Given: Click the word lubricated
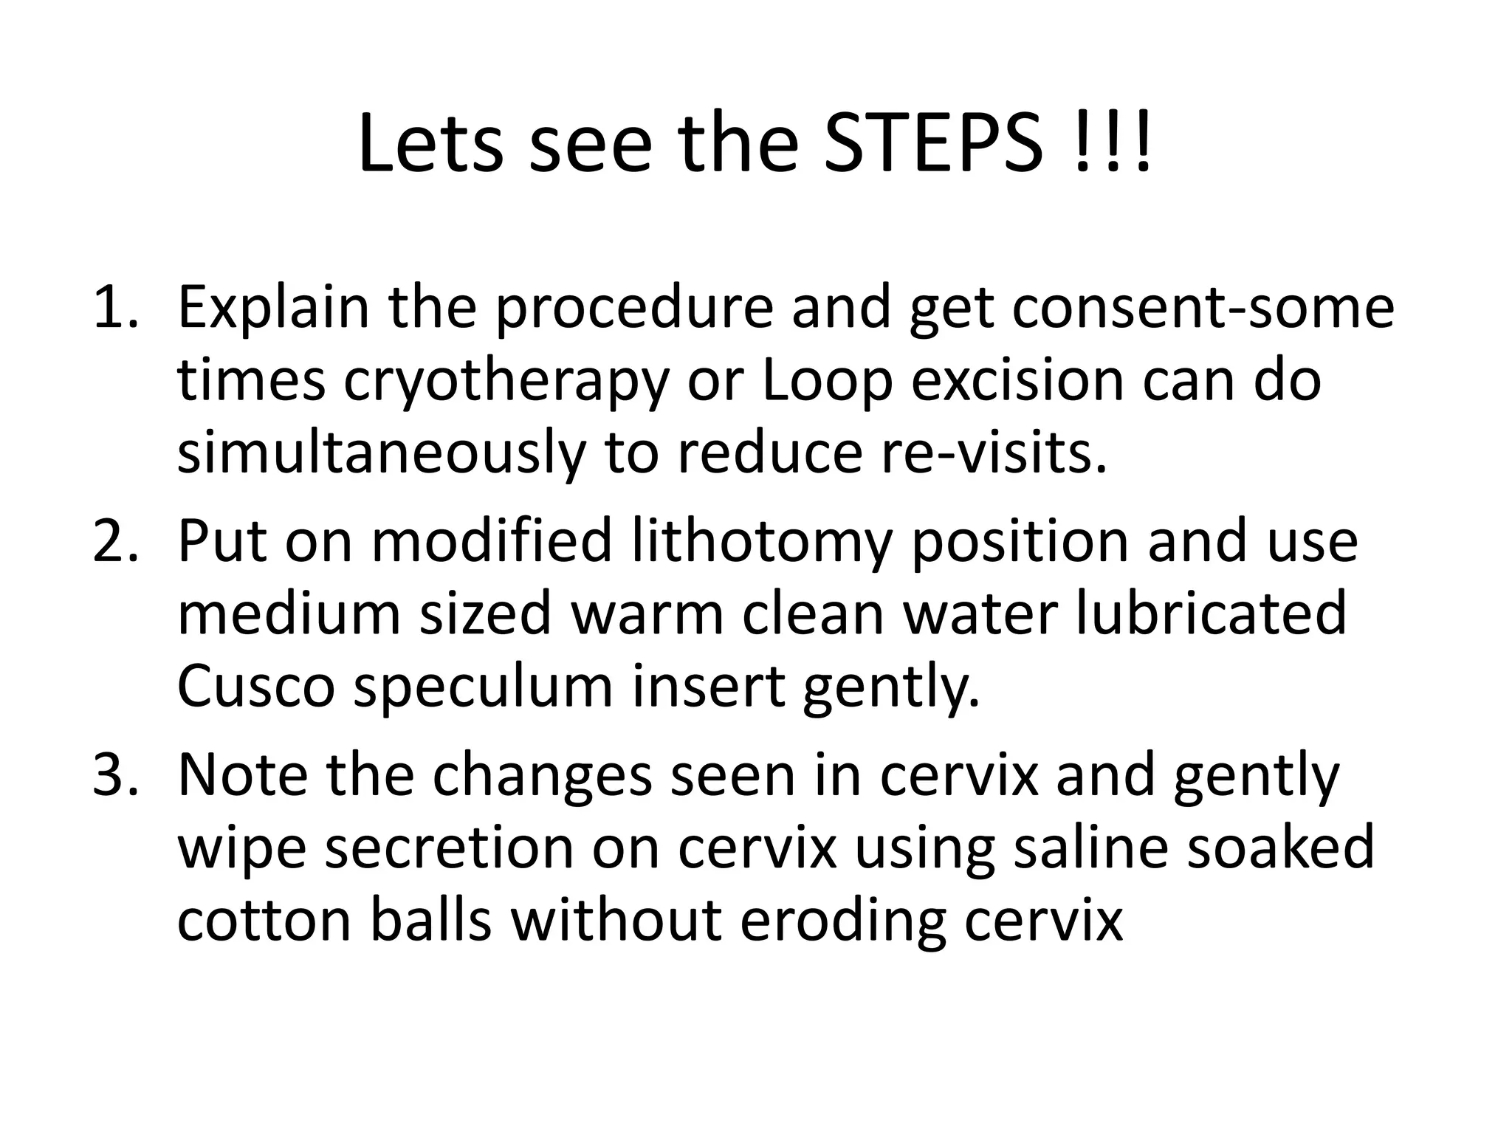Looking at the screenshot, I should click(x=1211, y=614).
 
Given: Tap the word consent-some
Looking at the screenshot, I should click(x=1203, y=309).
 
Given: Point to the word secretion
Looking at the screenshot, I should click(x=449, y=848).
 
